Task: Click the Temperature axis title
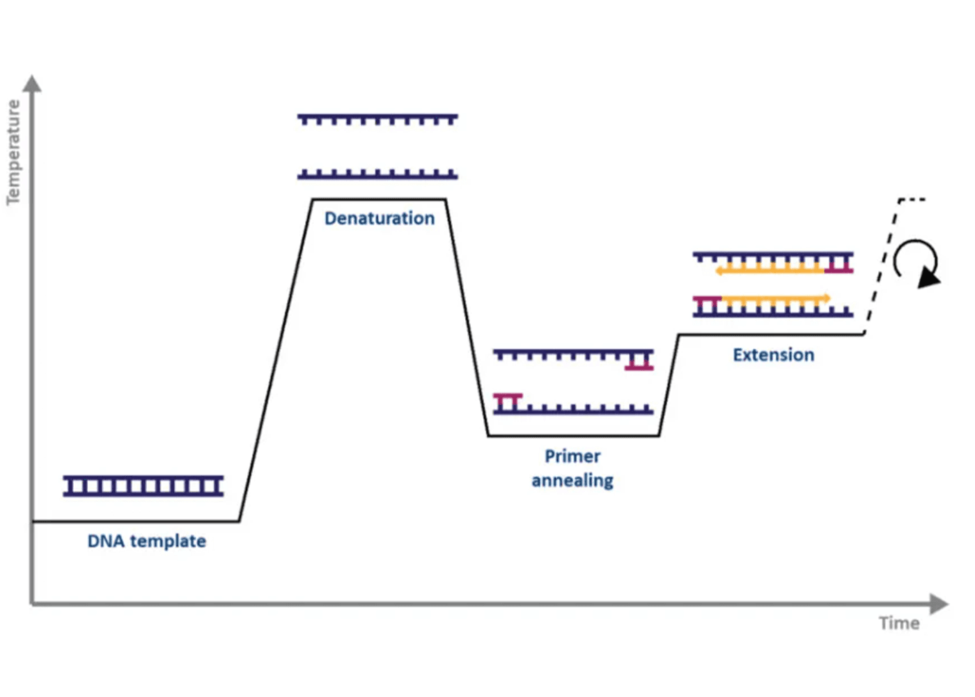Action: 13,152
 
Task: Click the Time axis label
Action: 898,623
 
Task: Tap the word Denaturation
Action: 380,218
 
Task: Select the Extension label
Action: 773,355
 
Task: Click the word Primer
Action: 572,457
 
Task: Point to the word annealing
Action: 572,481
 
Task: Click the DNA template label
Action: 146,541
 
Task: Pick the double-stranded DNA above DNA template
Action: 143,486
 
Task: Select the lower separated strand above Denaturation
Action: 377,174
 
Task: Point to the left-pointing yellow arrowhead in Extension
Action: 719,270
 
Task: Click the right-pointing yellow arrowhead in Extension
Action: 827,299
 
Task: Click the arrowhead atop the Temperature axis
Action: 32,84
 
